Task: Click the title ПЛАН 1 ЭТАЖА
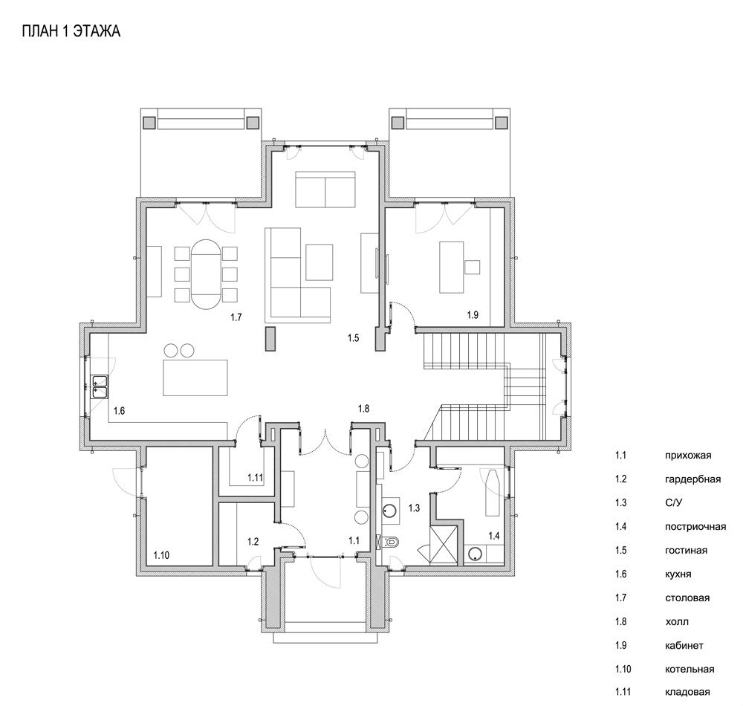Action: click(71, 31)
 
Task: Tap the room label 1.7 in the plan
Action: click(236, 317)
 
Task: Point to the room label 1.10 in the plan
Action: click(161, 555)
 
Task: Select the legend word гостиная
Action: click(686, 551)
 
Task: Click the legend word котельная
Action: click(690, 669)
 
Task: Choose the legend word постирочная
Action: click(695, 526)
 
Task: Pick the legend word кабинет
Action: click(684, 645)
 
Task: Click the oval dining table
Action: click(206, 274)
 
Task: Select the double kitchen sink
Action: click(100, 386)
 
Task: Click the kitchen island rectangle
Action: click(195, 378)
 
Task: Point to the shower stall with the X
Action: click(444, 545)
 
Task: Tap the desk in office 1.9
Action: click(452, 268)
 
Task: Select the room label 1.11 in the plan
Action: click(255, 478)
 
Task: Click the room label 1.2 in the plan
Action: click(253, 541)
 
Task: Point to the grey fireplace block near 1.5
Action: click(270, 339)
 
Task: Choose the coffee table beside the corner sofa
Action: click(319, 262)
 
